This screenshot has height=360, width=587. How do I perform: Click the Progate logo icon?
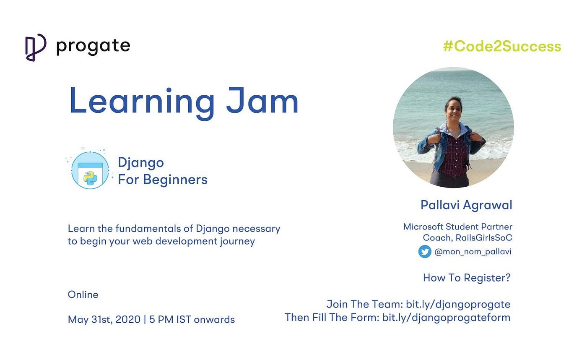point(36,47)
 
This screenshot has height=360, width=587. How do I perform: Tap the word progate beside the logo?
point(93,47)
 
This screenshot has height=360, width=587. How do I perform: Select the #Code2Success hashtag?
point(502,47)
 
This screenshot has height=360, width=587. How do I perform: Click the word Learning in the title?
point(142,102)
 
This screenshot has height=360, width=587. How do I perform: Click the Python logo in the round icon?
point(91,178)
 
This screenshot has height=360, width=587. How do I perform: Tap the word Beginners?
point(175,180)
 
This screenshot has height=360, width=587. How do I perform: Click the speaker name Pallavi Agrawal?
point(466,205)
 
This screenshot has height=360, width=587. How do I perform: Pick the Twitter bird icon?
point(424,252)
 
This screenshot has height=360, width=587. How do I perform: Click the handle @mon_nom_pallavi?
point(473,252)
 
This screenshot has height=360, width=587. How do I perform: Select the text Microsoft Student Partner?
point(457,227)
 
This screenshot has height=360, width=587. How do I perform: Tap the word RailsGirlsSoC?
point(484,237)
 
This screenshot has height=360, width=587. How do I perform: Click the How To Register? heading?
point(467,278)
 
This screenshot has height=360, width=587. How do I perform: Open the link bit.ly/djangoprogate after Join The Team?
point(458,305)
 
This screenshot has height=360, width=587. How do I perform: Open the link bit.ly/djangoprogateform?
point(446,318)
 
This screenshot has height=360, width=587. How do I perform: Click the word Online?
point(83,295)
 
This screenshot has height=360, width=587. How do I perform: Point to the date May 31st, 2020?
point(104,320)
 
